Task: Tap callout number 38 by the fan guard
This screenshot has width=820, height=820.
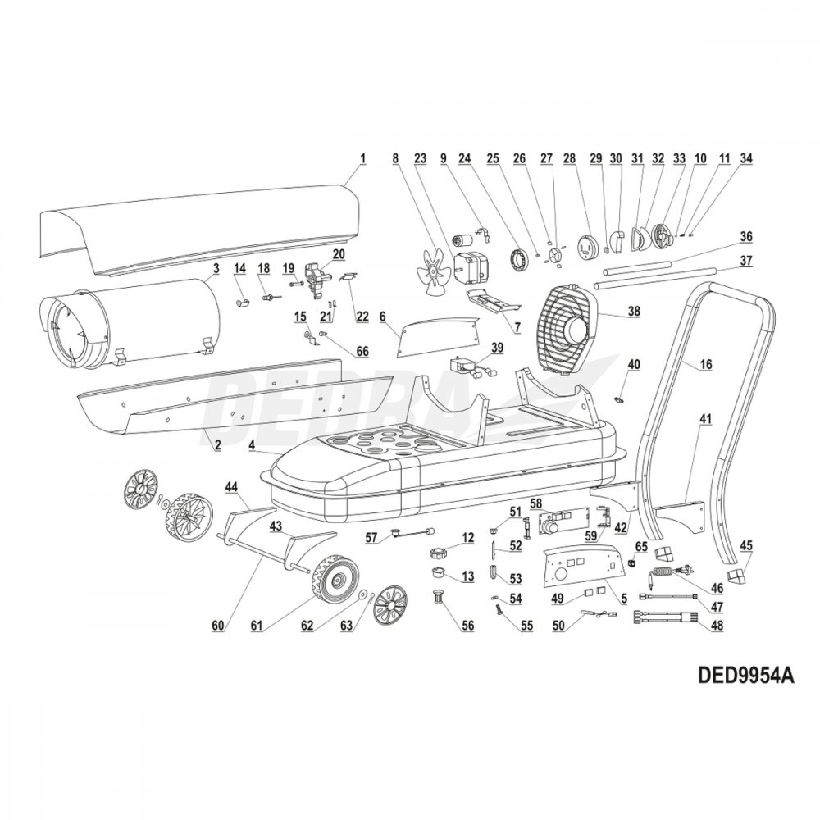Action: [635, 311]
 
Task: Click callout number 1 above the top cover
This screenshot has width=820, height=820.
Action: [362, 157]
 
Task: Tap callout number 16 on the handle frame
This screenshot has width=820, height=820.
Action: [706, 365]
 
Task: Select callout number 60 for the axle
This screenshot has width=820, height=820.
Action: [218, 626]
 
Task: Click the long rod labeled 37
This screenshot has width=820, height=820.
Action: [654, 278]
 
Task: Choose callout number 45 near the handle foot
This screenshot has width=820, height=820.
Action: [746, 545]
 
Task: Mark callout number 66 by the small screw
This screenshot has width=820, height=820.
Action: [362, 351]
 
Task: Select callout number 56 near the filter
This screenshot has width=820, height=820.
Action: [467, 626]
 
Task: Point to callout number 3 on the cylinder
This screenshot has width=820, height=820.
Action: [216, 267]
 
